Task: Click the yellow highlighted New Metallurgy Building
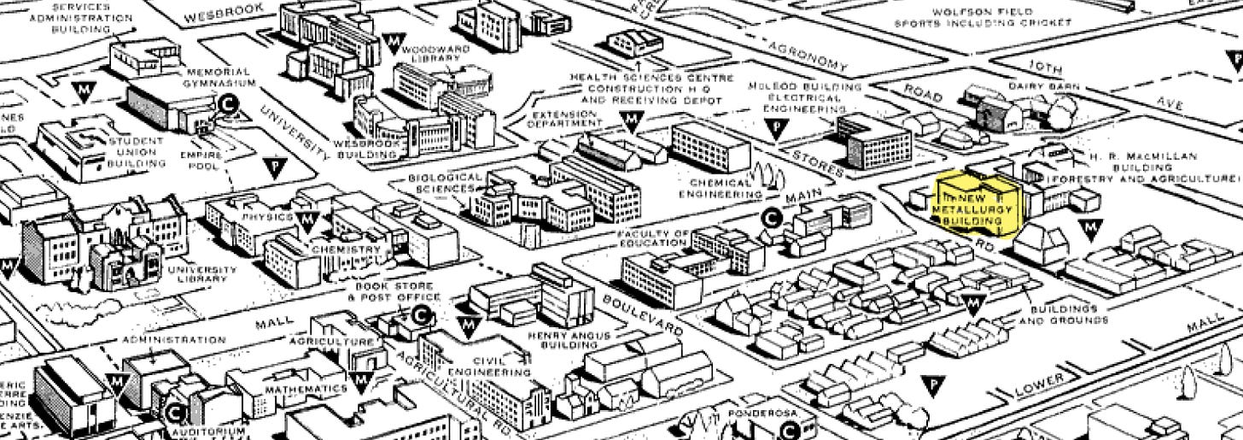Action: coord(973,206)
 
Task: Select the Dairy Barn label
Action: coord(1044,86)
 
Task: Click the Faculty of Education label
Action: coord(653,238)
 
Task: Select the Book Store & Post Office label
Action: coord(394,291)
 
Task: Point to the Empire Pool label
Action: coord(201,161)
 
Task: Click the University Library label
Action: coord(203,274)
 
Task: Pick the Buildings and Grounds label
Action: coord(1063,314)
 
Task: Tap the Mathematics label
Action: coord(306,389)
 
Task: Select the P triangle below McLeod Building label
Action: coord(776,128)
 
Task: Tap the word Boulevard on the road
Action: coord(644,314)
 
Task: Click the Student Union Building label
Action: coord(132,151)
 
